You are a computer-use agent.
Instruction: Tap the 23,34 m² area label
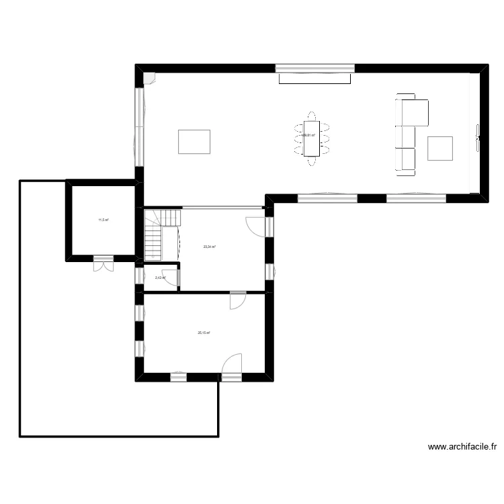(x=209, y=247)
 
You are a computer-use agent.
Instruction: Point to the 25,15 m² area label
(x=204, y=333)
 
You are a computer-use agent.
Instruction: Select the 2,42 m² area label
(x=160, y=278)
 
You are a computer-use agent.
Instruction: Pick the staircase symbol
(x=161, y=235)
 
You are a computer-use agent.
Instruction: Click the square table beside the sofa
(x=441, y=149)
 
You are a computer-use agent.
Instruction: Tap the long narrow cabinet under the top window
(x=315, y=79)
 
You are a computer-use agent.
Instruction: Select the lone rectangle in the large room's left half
(x=194, y=142)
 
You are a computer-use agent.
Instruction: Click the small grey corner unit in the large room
(x=149, y=77)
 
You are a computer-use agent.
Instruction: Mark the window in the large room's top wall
(x=315, y=68)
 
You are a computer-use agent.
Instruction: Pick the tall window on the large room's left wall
(x=139, y=126)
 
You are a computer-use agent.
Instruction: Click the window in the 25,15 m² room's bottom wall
(x=178, y=377)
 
